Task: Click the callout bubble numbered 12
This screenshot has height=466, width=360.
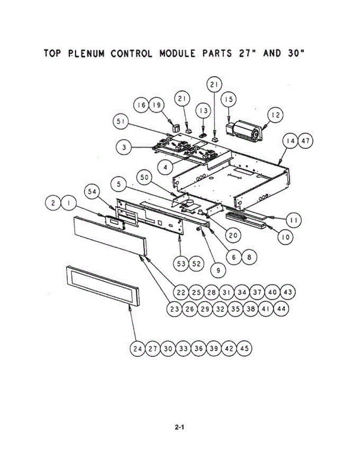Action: (275, 115)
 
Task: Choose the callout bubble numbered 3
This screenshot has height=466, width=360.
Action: (123, 148)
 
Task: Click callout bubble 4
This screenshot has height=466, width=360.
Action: (166, 168)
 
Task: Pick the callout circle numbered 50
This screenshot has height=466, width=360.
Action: (144, 179)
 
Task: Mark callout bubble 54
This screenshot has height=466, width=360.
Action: (93, 193)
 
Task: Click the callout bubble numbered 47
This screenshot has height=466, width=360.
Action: (305, 141)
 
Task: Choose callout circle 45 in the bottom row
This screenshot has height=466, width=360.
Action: (244, 348)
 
